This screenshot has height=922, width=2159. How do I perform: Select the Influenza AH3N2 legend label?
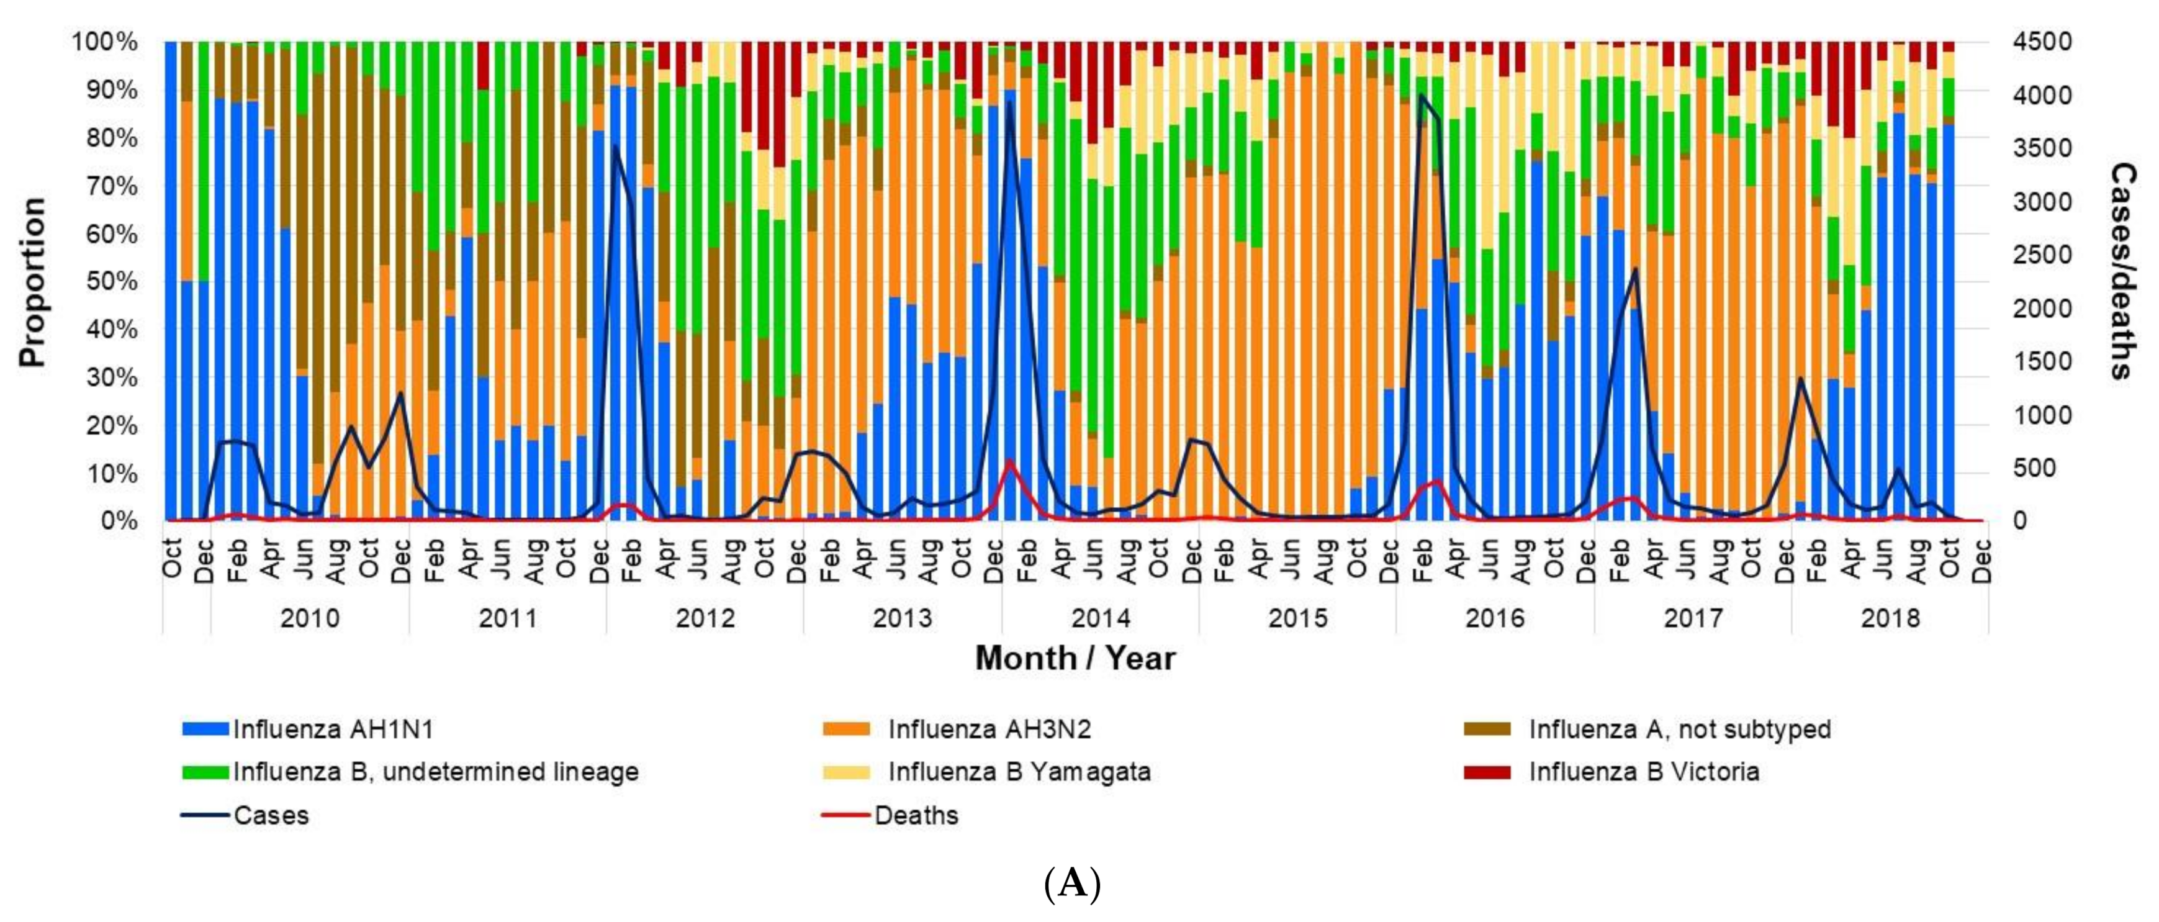[989, 729]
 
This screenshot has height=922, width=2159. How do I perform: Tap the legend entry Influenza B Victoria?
[1643, 771]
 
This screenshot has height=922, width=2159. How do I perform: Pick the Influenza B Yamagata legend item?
[1018, 771]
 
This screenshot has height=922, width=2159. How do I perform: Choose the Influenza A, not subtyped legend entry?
[1679, 729]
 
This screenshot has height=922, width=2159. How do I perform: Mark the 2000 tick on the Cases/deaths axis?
[2042, 309]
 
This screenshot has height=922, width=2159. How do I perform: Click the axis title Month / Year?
[1075, 658]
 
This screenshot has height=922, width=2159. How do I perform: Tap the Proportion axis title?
[32, 282]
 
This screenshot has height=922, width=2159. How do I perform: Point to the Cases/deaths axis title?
[2122, 271]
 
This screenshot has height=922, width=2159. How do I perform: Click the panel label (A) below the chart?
[1072, 884]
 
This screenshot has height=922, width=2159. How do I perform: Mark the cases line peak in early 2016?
[1422, 96]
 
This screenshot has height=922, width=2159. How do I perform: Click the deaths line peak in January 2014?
[1010, 462]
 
